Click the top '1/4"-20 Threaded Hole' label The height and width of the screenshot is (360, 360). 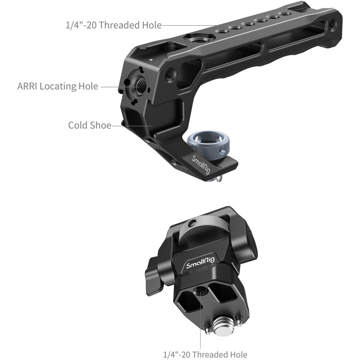114,25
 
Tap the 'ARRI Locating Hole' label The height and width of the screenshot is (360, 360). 58,86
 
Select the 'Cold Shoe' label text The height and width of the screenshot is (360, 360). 90,125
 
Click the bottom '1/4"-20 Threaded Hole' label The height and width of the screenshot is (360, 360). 205,355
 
